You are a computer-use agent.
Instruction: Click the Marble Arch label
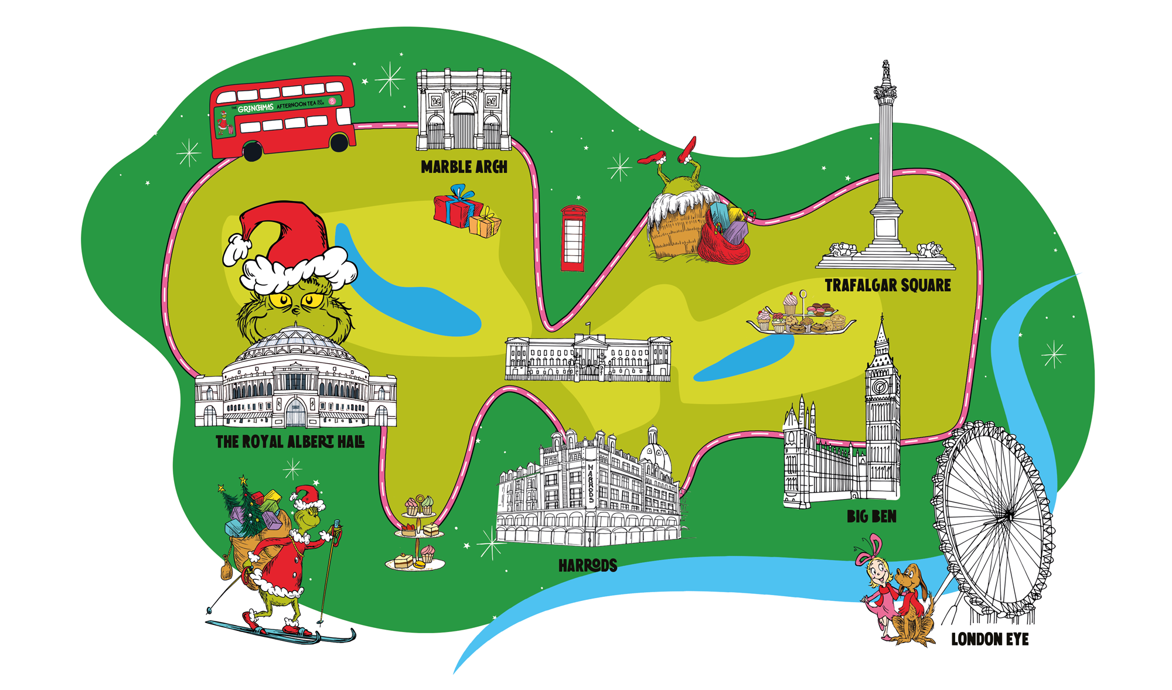point(464,168)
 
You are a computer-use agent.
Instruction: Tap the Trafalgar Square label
point(887,286)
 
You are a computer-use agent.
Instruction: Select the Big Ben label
point(871,517)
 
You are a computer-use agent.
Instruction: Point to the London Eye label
point(990,640)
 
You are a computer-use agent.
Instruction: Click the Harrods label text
point(587,566)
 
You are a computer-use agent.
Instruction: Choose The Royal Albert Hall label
point(289,442)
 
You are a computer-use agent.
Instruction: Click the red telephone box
point(573,238)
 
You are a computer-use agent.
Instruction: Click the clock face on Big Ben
point(879,387)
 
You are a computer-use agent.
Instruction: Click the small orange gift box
point(485,224)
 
